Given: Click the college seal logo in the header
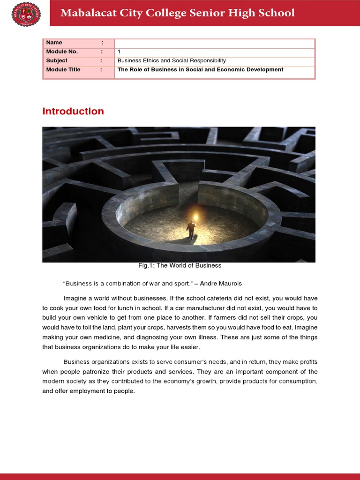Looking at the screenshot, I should tap(26, 14).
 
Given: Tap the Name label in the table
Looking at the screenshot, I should tap(54, 43).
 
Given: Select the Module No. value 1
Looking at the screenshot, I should tap(119, 52).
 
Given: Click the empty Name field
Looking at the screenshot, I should tap(214, 43).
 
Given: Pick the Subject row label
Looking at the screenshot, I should tap(57, 60).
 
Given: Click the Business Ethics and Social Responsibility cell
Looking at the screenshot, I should tap(172, 60).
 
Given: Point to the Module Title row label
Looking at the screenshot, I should tap(63, 69).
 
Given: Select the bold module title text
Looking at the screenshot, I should tap(200, 69).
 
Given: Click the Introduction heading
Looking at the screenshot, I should tap(73, 111).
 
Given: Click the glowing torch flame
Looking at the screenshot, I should tap(195, 217).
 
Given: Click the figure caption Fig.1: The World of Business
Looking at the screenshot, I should tap(180, 265).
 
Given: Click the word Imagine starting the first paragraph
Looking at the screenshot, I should tap(75, 298).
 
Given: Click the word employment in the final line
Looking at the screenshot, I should tap(77, 391).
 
